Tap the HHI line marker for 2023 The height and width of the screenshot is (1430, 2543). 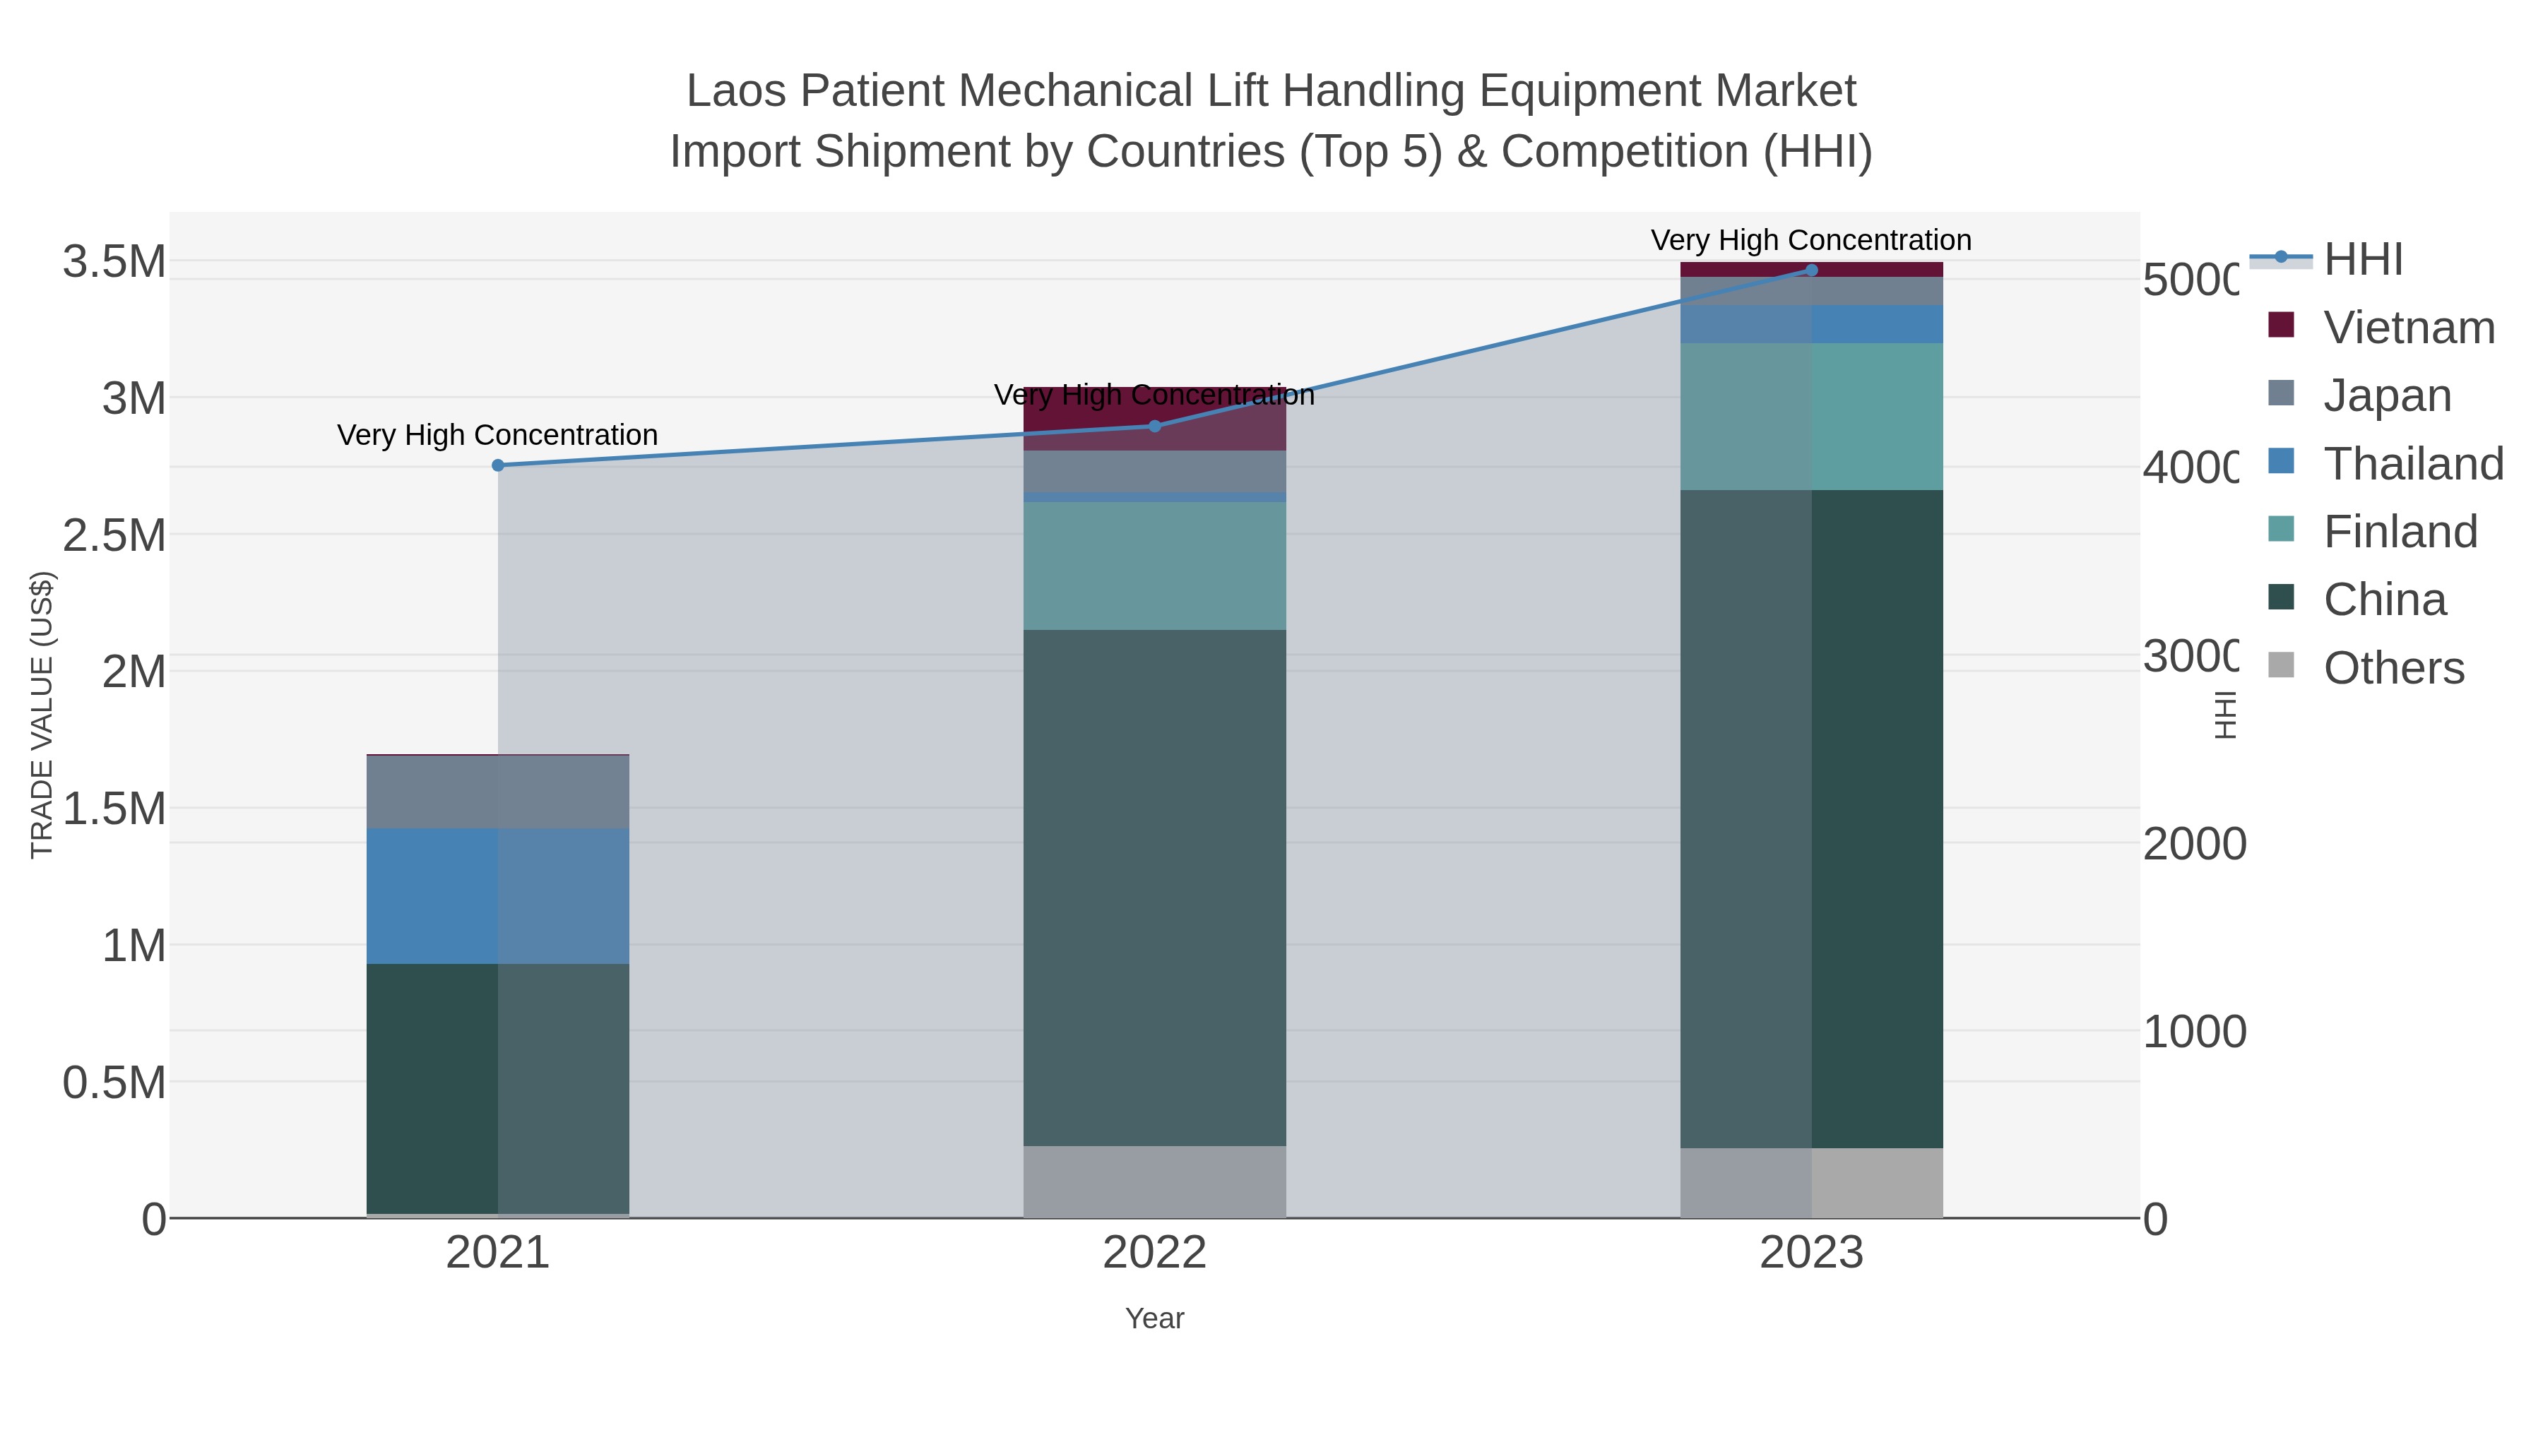coord(1811,270)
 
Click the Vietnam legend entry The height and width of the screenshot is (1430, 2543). coord(2409,328)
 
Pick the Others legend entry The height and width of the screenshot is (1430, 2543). coord(2393,668)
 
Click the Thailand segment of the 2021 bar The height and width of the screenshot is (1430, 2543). coord(497,896)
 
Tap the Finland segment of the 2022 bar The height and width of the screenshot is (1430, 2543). coord(1155,566)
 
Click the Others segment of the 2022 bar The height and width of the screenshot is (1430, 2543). coord(1155,1181)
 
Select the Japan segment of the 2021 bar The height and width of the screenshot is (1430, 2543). coord(497,792)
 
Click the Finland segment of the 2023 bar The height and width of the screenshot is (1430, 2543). coord(1811,417)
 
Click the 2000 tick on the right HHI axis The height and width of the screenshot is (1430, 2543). coord(2193,845)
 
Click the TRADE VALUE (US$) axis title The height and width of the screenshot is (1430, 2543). coord(42,715)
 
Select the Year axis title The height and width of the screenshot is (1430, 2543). coord(1155,1318)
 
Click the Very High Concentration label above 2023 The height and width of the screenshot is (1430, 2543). coord(1810,240)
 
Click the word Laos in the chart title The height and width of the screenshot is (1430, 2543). coord(735,92)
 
